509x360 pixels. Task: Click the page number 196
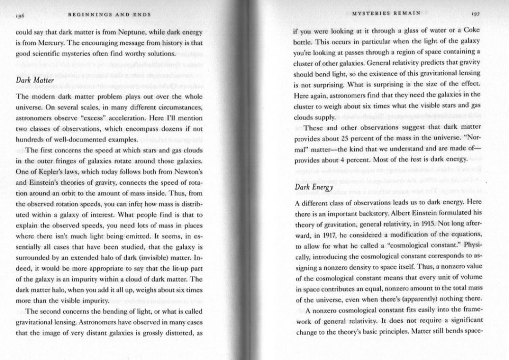point(21,16)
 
